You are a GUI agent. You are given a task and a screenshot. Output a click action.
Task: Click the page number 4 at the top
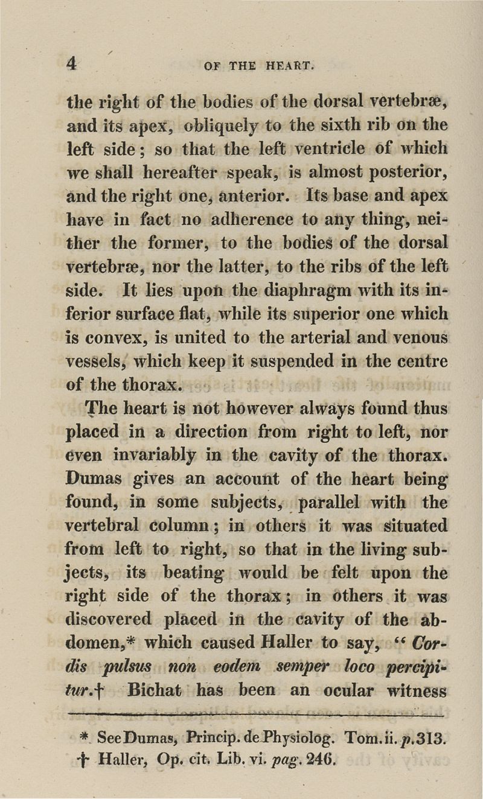pyautogui.click(x=72, y=64)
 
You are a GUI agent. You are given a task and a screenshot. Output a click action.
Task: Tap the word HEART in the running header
pyautogui.click(x=287, y=65)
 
